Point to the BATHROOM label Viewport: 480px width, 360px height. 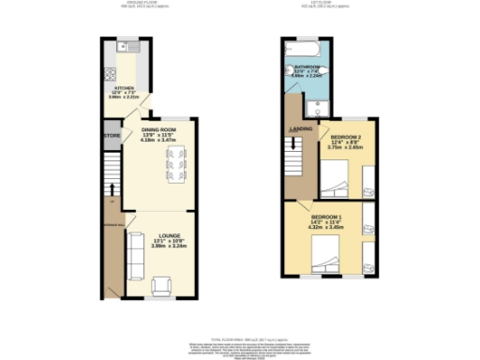pyautogui.click(x=308, y=67)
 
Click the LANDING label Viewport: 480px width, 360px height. pyautogui.click(x=300, y=129)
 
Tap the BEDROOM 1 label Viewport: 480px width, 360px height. pyautogui.click(x=327, y=217)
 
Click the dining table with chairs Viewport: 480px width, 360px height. pyautogui.click(x=175, y=165)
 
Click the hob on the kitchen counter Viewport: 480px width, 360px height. pyautogui.click(x=111, y=76)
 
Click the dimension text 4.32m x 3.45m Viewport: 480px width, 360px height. pyautogui.click(x=327, y=228)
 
